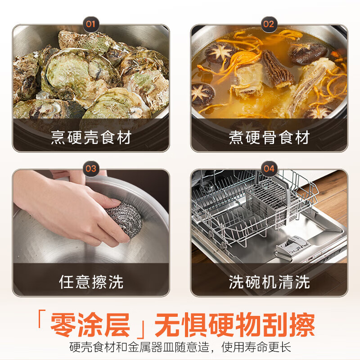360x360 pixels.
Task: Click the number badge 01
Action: click(91, 24)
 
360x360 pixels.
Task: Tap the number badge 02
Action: click(269, 24)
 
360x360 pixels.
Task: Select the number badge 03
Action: click(91, 169)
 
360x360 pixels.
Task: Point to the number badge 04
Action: click(269, 169)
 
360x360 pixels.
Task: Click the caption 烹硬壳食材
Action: click(91, 137)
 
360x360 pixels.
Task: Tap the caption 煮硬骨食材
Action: click(269, 137)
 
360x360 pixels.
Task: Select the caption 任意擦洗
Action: click(91, 282)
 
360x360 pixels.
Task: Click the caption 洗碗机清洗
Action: click(269, 282)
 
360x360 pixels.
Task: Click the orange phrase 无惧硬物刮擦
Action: click(234, 325)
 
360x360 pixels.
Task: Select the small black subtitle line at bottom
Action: click(180, 348)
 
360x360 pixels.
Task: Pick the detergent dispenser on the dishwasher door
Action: click(291, 245)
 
